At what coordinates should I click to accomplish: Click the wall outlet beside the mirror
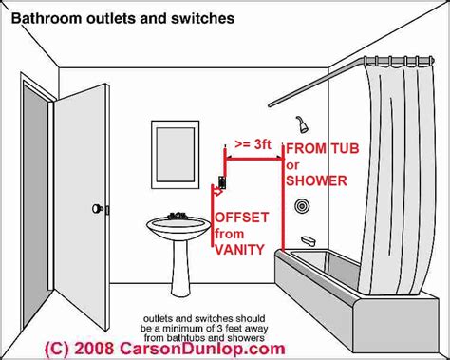223,179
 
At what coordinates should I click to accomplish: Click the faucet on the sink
177,215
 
